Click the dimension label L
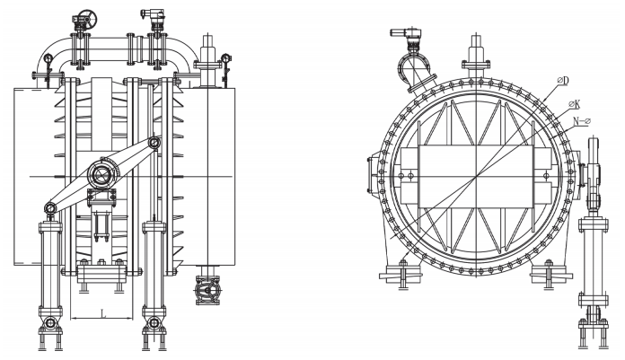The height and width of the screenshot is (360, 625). tap(103, 314)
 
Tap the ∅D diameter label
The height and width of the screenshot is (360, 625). tap(563, 81)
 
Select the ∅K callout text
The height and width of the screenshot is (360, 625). tap(575, 105)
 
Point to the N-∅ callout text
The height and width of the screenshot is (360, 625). tap(582, 121)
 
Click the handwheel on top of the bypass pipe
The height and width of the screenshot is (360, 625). tap(88, 18)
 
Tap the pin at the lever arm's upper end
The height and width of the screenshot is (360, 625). tap(154, 142)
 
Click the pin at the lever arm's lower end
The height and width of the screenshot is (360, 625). tap(50, 207)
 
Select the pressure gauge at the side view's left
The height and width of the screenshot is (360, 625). tap(48, 59)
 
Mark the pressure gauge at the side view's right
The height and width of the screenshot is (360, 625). tap(225, 58)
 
